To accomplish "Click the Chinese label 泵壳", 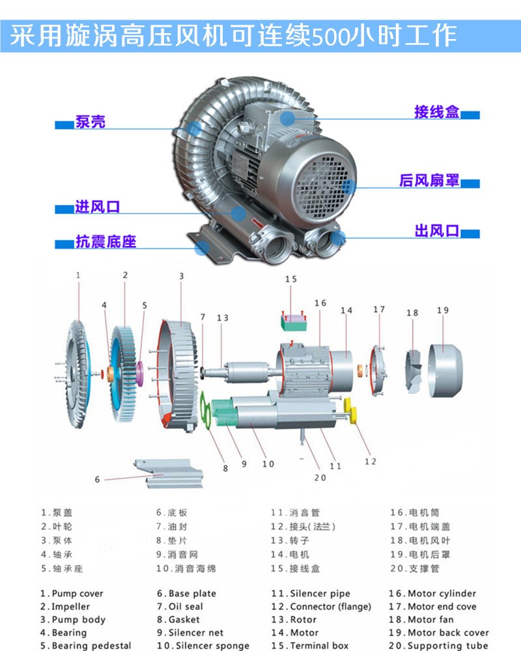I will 90,122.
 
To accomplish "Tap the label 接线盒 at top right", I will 436,112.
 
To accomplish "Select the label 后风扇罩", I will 429,180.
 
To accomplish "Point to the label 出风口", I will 437,231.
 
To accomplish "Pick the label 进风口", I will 97,208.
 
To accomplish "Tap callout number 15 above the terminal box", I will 290,280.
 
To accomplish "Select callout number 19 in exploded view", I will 443,311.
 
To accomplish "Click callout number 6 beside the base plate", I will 98,480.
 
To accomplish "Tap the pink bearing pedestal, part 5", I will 139,378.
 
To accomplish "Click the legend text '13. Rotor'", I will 294,620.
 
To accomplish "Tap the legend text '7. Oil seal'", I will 180,607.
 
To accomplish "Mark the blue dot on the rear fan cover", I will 348,184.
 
